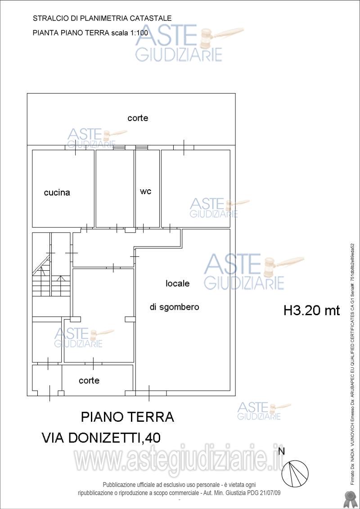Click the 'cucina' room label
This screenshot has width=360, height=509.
click(57, 193)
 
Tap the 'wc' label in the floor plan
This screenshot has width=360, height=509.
click(145, 191)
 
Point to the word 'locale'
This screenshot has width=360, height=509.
click(178, 284)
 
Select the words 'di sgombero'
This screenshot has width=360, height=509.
click(174, 308)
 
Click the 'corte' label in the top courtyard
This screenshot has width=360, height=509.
click(138, 118)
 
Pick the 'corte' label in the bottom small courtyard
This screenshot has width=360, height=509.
click(89, 380)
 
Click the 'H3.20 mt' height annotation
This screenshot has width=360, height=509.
click(311, 310)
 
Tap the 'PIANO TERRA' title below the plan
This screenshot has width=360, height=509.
click(127, 417)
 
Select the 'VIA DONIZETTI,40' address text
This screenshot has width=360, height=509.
click(101, 438)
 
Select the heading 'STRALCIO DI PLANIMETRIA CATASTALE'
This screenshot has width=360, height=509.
click(102, 18)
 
